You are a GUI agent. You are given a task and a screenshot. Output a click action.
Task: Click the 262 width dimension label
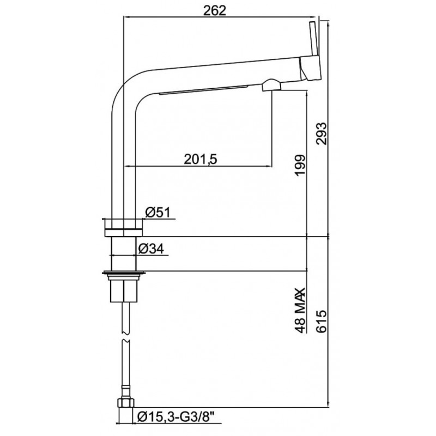coord(215,10)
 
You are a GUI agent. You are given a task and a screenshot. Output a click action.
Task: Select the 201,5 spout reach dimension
coord(201,159)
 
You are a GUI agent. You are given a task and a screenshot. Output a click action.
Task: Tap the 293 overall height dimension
coord(322,134)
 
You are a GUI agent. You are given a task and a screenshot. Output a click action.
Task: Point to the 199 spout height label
coord(300,166)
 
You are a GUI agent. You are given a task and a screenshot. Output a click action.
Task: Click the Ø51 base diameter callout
coord(158,213)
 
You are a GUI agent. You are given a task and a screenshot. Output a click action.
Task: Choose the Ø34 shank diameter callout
coord(151,249)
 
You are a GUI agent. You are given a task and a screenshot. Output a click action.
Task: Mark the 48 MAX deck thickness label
coord(300,310)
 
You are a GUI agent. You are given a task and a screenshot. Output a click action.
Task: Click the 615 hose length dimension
coord(322,322)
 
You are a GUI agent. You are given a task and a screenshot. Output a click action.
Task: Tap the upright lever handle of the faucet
coord(314,39)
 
